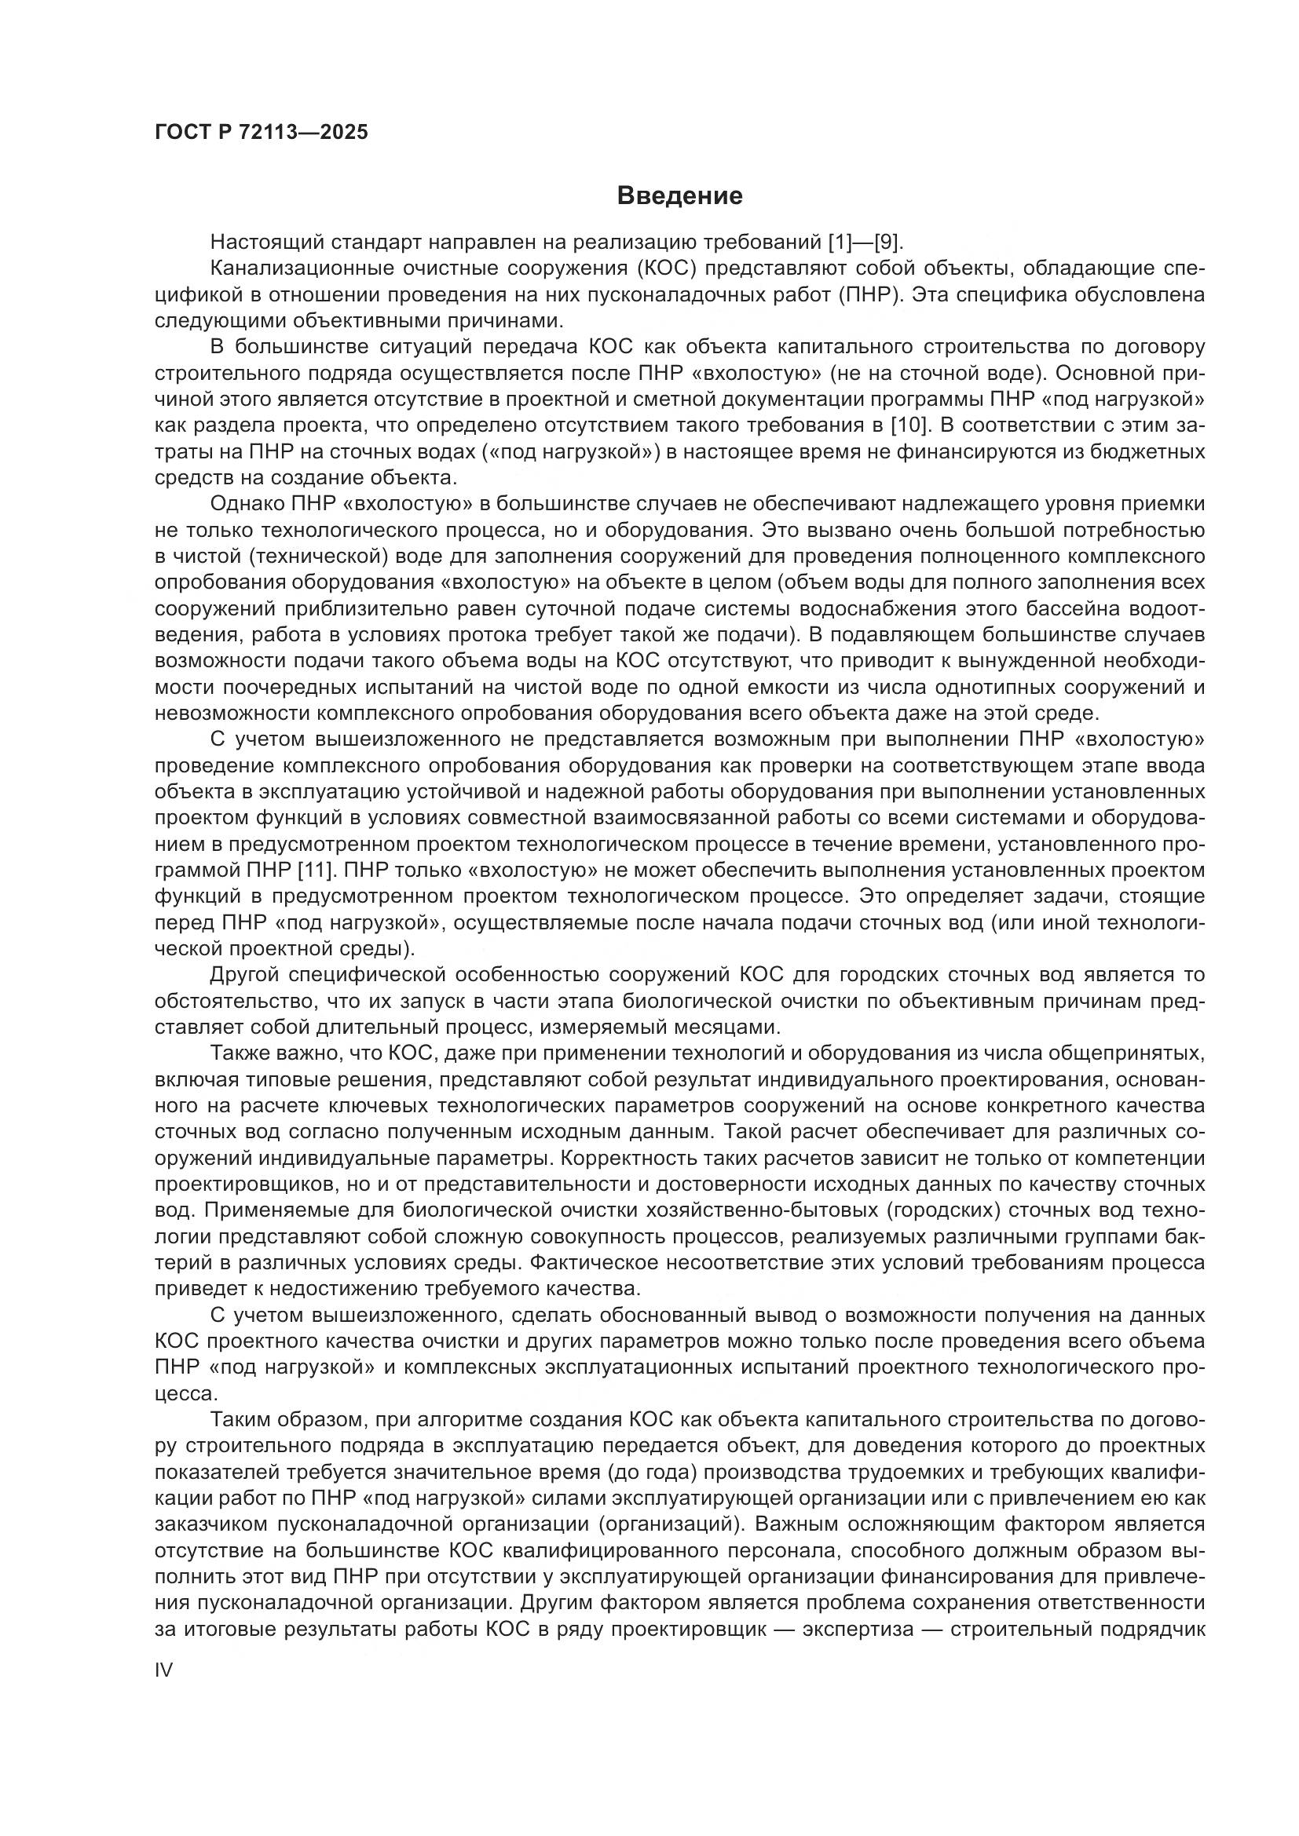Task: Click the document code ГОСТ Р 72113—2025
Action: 262,132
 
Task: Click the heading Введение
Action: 680,196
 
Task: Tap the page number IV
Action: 163,1670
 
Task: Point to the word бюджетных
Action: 1154,452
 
